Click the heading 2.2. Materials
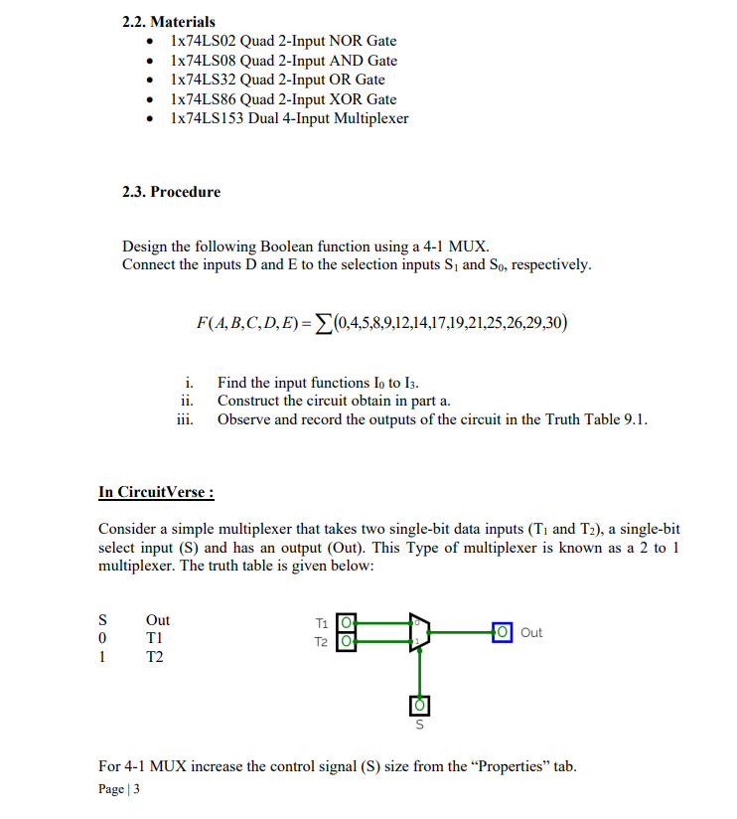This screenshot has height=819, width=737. [168, 21]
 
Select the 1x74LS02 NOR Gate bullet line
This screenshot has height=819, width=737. [283, 41]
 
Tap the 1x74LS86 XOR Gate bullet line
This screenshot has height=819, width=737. [283, 99]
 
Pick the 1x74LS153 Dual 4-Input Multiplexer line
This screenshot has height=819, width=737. [289, 118]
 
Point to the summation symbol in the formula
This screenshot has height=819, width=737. [325, 322]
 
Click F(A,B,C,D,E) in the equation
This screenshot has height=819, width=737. [252, 322]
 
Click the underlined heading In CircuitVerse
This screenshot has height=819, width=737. [156, 492]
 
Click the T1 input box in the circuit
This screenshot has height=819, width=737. [347, 624]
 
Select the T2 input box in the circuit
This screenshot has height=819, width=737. [347, 641]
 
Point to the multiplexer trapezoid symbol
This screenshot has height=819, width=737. [419, 633]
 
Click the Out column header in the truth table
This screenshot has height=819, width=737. [158, 620]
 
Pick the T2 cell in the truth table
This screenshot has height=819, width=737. [156, 656]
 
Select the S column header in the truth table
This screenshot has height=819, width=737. [103, 620]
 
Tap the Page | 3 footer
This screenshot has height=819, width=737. [119, 789]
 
